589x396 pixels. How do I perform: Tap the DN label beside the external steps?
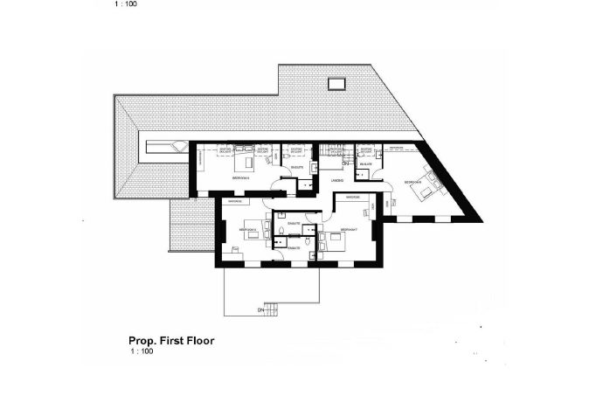pyautogui.click(x=260, y=309)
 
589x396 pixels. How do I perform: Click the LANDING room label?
pyautogui.click(x=336, y=180)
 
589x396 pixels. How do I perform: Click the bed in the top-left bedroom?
pyautogui.click(x=249, y=161)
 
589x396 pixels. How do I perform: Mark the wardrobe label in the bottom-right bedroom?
pyautogui.click(x=353, y=198)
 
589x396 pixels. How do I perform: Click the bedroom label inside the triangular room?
pyautogui.click(x=411, y=181)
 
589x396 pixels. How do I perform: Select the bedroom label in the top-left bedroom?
pyautogui.click(x=240, y=177)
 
